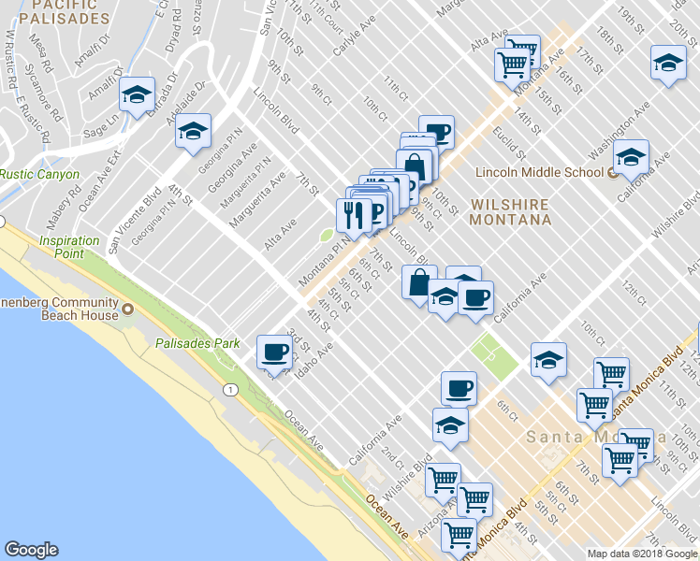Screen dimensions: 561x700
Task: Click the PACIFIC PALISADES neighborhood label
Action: [63, 11]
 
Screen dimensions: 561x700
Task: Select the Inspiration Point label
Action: [69, 247]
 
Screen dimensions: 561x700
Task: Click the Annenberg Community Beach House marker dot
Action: [126, 309]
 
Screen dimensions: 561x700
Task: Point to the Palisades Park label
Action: [198, 343]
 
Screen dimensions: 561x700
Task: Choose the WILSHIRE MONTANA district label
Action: [510, 211]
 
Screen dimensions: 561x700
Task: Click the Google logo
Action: [30, 550]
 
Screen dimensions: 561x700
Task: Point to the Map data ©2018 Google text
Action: [642, 554]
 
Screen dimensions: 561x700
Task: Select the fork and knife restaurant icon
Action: [352, 214]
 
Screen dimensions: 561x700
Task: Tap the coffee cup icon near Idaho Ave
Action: [274, 352]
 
